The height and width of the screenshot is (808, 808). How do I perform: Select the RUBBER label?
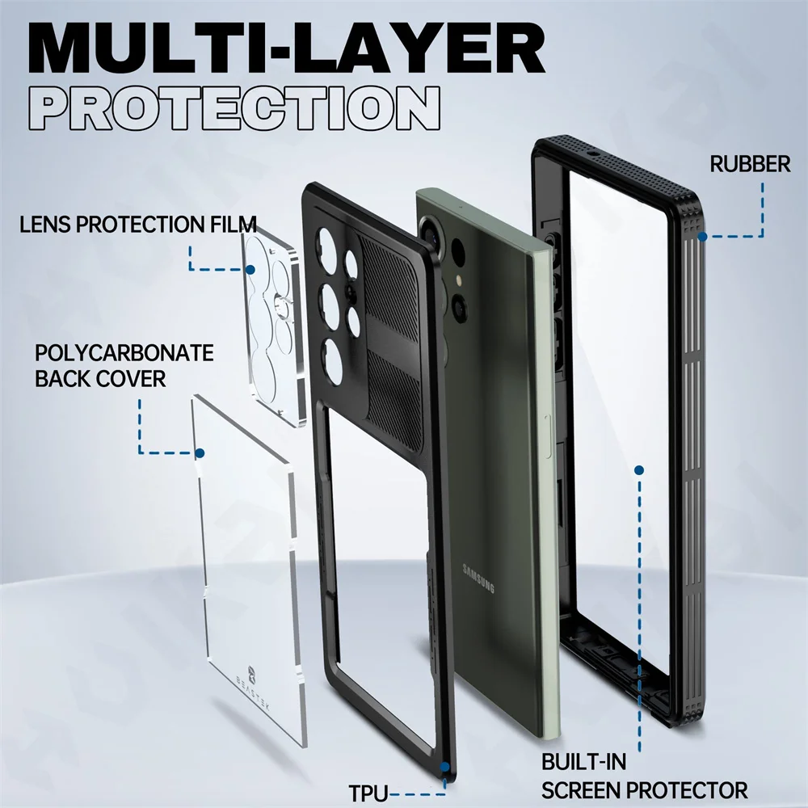(750, 164)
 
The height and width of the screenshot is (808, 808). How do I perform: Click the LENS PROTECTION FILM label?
(138, 224)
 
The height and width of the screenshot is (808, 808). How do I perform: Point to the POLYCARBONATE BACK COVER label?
(124, 365)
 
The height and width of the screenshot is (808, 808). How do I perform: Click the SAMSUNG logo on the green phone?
(478, 575)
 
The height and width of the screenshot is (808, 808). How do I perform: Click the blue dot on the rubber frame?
(703, 237)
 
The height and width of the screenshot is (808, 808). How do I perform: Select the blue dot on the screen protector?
(639, 469)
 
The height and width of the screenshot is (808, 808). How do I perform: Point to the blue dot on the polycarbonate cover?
(200, 453)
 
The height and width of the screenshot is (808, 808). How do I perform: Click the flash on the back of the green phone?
(459, 280)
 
